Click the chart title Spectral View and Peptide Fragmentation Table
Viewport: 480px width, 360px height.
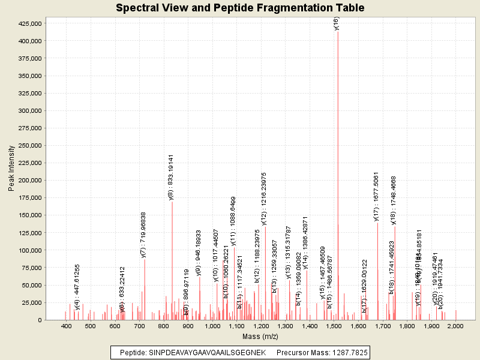(x=240, y=8)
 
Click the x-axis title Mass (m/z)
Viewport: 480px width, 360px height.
(x=260, y=337)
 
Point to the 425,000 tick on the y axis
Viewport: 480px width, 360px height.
(x=28, y=23)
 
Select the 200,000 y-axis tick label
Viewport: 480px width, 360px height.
(x=28, y=180)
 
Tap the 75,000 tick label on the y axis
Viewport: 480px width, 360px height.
(x=29, y=268)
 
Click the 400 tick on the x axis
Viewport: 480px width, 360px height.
(x=66, y=326)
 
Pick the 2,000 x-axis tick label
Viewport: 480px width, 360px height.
(x=455, y=326)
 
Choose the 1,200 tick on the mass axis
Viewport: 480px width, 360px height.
(x=260, y=326)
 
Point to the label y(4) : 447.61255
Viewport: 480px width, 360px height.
(x=77, y=287)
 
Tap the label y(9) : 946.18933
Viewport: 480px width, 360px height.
(x=199, y=252)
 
